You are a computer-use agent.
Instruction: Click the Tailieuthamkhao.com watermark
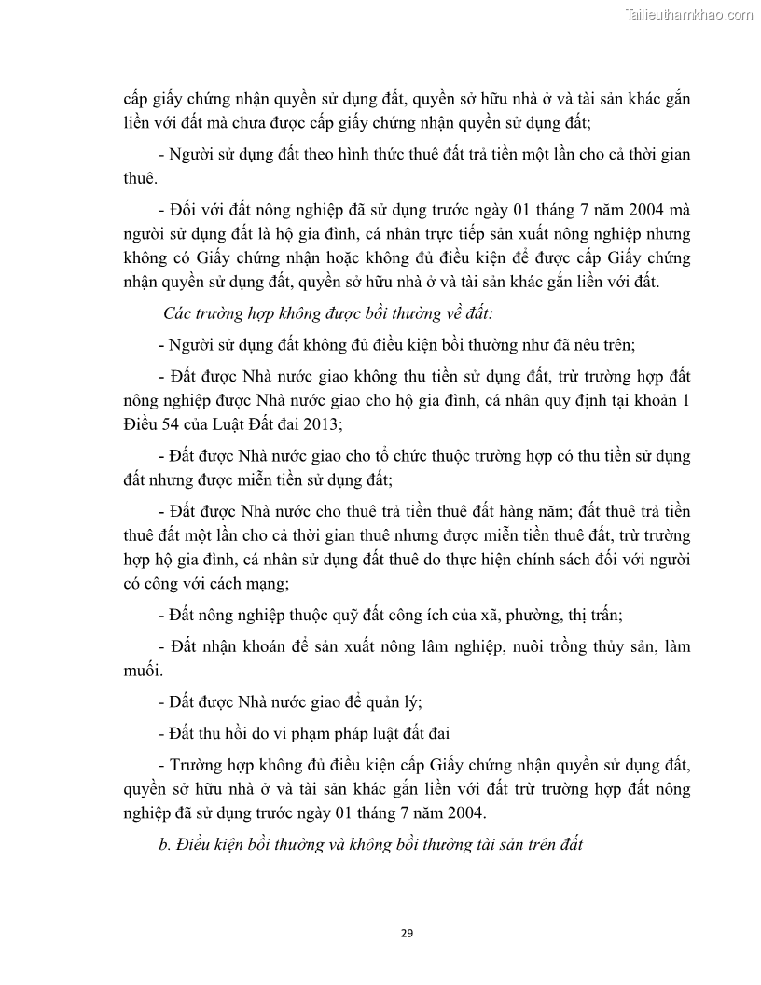pyautogui.click(x=688, y=14)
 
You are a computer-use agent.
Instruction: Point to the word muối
pyautogui.click(x=142, y=670)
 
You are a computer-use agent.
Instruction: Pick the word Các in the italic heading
pyautogui.click(x=178, y=312)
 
